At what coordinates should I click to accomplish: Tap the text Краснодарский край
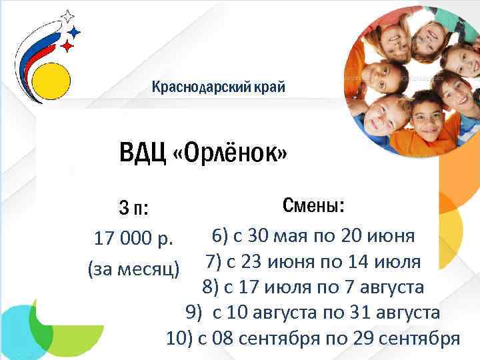coord(218,87)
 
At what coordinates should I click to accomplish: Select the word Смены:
coord(313,205)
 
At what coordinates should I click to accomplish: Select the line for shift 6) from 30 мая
coord(314,235)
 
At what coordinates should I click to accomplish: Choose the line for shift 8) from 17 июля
coord(313,287)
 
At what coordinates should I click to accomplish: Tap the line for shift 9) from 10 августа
coord(313,312)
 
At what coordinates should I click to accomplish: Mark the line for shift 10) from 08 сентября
coord(313,338)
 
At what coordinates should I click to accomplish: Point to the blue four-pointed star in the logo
coord(75,31)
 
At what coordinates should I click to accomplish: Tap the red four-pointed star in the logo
coord(67,46)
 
